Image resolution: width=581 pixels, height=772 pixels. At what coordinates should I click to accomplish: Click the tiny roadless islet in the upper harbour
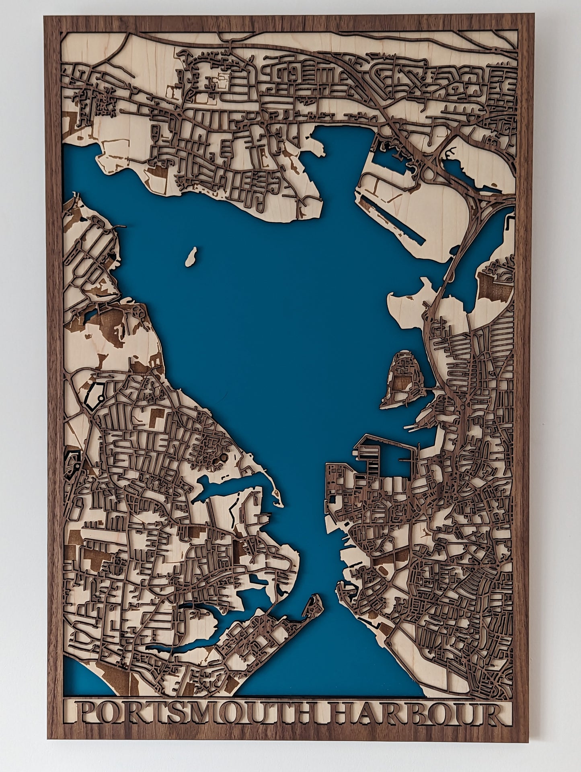coord(191,256)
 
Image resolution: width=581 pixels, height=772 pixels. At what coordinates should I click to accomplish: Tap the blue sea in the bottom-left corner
coord(80,668)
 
